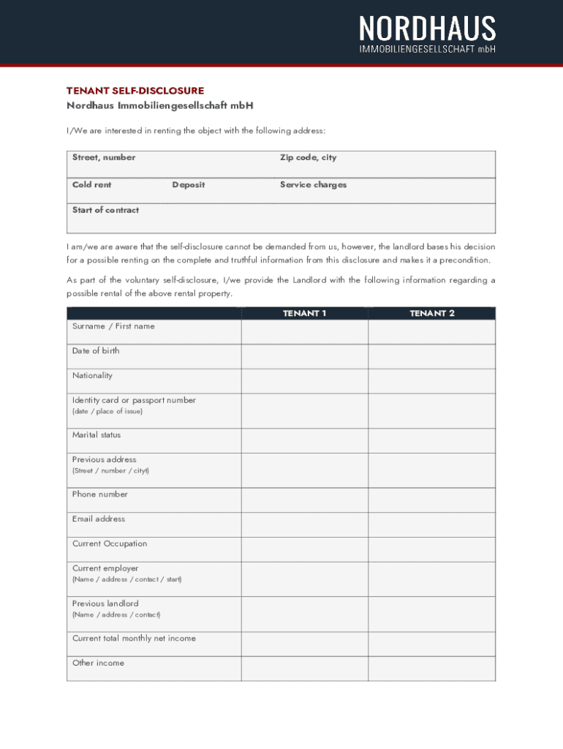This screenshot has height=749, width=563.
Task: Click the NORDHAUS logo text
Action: click(427, 29)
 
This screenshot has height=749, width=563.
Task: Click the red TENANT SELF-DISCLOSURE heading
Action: click(135, 91)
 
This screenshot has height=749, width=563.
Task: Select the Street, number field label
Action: click(104, 157)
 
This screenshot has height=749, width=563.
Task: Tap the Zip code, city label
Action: click(308, 157)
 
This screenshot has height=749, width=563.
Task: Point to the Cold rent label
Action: click(92, 184)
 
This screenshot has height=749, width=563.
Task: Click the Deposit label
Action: click(189, 184)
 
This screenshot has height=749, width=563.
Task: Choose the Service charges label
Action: click(313, 184)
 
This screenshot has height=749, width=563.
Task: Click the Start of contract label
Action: click(105, 210)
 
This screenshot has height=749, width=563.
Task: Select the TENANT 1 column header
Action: click(304, 313)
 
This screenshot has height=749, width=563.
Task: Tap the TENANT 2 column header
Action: click(432, 313)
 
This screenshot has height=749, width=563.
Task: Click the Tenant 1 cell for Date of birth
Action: click(304, 356)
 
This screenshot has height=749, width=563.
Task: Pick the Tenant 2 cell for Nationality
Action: click(431, 381)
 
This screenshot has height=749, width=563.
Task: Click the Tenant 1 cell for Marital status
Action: click(304, 440)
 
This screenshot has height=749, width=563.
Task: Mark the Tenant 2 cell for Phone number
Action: click(431, 500)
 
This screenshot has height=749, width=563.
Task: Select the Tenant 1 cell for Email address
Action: click(304, 524)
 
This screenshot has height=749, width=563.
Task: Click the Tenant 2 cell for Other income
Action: click(431, 669)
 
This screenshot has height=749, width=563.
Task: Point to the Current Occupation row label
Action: click(110, 543)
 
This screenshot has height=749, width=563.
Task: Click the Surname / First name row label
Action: click(113, 326)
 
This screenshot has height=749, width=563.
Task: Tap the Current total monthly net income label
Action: click(134, 639)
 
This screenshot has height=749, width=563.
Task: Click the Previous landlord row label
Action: click(105, 603)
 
